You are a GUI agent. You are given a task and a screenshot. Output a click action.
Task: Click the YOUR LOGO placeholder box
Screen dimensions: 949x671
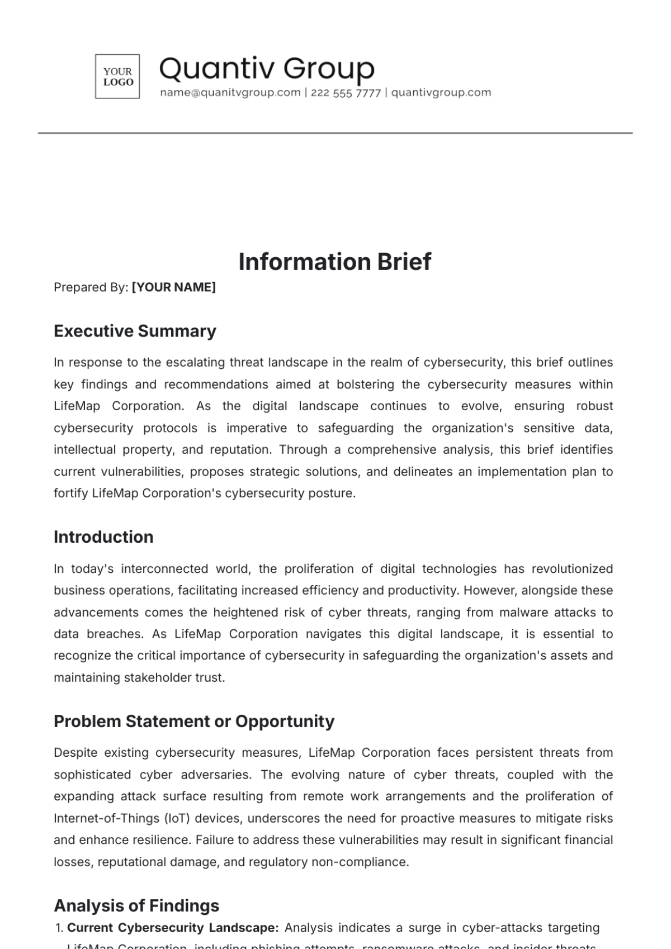tap(117, 77)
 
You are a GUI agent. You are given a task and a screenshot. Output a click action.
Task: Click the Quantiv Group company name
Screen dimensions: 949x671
tap(267, 69)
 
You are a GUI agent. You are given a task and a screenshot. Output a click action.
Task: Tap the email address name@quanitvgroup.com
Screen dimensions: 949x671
tap(230, 93)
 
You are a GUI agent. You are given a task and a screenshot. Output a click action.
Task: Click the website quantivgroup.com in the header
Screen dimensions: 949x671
tap(441, 93)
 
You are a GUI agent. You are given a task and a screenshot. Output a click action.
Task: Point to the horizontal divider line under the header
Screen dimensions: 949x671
tap(335, 133)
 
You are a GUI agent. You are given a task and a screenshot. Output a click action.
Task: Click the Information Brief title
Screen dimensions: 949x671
tap(335, 262)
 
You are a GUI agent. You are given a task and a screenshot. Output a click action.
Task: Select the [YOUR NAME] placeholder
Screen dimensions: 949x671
tap(173, 287)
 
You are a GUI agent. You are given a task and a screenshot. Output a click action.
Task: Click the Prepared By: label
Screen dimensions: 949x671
tap(91, 287)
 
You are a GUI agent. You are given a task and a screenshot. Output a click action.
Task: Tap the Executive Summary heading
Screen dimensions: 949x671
tap(135, 331)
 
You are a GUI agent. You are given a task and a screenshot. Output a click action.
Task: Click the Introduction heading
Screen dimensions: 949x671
tap(103, 537)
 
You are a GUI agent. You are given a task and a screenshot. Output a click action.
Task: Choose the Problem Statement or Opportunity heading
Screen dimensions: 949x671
tap(193, 721)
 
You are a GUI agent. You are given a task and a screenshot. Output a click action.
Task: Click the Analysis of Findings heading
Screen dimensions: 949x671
tap(136, 905)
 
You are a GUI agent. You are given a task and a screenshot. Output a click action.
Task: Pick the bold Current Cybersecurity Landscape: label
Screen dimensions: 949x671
tap(173, 928)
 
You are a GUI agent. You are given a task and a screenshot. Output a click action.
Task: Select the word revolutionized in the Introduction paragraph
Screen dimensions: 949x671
tap(571, 569)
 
